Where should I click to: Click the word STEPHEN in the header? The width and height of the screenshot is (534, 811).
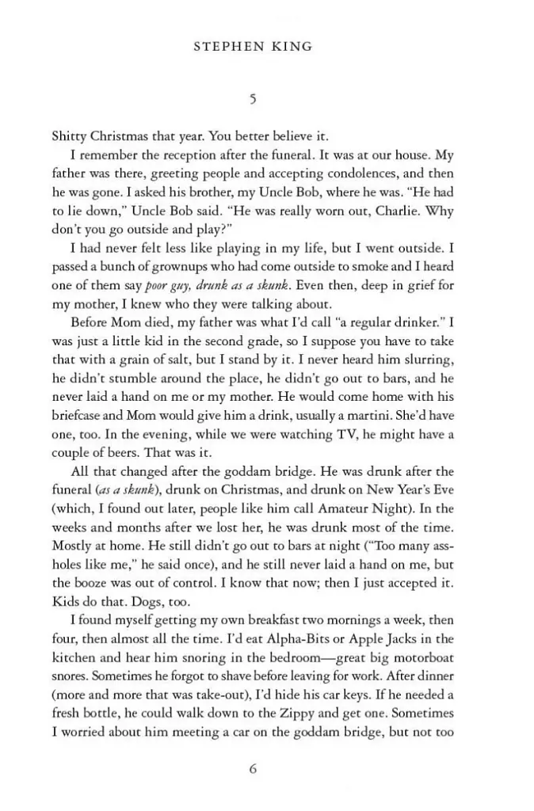tap(227, 47)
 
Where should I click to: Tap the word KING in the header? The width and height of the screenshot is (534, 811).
tap(292, 47)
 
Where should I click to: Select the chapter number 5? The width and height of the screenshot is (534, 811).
tap(252, 99)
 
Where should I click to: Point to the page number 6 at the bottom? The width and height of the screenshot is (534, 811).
tap(253, 768)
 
